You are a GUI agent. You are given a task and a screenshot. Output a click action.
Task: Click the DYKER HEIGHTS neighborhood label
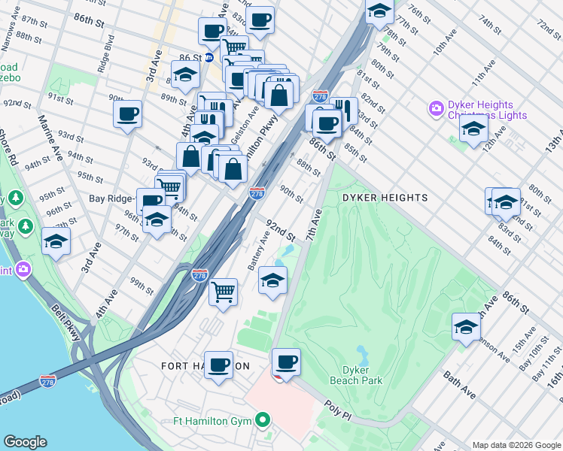[385, 198]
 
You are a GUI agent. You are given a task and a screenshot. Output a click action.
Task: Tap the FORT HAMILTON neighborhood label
[205, 366]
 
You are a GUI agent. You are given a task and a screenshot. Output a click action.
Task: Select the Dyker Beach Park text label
[356, 375]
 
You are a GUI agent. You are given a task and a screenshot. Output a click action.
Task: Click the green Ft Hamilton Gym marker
[263, 419]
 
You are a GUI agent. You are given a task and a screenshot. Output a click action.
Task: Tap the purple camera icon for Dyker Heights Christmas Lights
[436, 110]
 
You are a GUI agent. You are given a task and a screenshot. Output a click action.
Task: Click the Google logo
[25, 442]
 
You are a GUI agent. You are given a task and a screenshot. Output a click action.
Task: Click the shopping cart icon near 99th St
[223, 291]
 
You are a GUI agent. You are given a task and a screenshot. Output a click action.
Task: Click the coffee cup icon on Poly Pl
[286, 362]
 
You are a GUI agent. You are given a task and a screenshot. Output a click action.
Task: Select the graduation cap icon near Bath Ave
[467, 327]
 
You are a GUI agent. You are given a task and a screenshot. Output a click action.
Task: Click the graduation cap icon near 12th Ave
[473, 129]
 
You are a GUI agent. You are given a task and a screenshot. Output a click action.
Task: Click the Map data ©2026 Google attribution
[516, 444]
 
